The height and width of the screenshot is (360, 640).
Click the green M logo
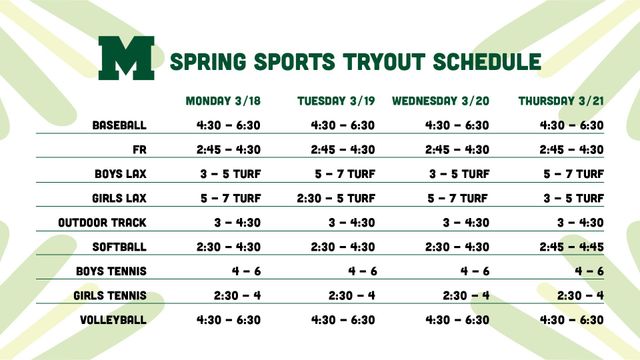(126, 58)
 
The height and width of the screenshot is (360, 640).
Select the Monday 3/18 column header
(223, 100)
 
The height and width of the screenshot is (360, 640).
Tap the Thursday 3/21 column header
(561, 100)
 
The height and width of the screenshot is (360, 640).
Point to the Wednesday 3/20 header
(440, 100)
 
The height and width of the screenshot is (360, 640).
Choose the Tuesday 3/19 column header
(336, 100)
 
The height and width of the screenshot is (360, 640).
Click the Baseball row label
(119, 125)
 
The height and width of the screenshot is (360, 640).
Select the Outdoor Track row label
(102, 222)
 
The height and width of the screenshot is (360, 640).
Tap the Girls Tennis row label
(110, 295)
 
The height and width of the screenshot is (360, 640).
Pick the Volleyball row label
(114, 319)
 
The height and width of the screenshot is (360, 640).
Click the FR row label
(139, 149)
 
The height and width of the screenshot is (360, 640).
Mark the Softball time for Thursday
(572, 246)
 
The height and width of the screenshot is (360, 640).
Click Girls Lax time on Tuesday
(336, 198)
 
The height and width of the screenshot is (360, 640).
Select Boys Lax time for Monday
(230, 173)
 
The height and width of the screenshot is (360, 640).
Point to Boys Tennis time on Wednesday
(475, 271)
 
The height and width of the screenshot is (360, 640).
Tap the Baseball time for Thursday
(572, 125)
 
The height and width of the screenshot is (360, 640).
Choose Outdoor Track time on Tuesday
(352, 222)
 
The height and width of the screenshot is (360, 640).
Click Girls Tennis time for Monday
(238, 295)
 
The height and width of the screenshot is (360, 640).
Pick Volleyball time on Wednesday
(457, 319)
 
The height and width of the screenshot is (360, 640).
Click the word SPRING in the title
(207, 61)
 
